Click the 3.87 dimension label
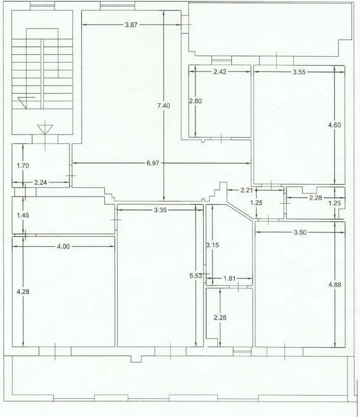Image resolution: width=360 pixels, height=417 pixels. pyautogui.click(x=131, y=24)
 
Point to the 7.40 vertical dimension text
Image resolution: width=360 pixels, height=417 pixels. pyautogui.click(x=164, y=106)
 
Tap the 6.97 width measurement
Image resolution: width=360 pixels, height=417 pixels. pyautogui.click(x=153, y=163)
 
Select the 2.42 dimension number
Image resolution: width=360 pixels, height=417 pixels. pyautogui.click(x=220, y=71)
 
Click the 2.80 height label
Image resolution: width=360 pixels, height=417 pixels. pyautogui.click(x=195, y=101)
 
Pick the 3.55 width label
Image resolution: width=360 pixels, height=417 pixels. pyautogui.click(x=299, y=72)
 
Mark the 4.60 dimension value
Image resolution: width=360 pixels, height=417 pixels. pyautogui.click(x=334, y=125)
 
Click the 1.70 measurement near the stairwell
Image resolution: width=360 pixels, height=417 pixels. pyautogui.click(x=22, y=166)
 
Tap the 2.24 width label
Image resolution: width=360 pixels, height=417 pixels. pyautogui.click(x=41, y=182)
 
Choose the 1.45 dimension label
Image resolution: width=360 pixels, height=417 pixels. pyautogui.click(x=22, y=215)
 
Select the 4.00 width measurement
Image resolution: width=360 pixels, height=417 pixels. pyautogui.click(x=63, y=247)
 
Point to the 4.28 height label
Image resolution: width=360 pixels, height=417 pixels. pyautogui.click(x=23, y=292)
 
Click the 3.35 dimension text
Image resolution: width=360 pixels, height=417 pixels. pyautogui.click(x=160, y=210)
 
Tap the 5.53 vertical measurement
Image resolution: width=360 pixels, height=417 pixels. pyautogui.click(x=196, y=276)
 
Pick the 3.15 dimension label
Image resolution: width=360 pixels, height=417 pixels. pyautogui.click(x=213, y=245)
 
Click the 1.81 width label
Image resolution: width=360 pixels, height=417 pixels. pyautogui.click(x=229, y=278)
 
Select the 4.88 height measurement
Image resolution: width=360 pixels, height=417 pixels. pyautogui.click(x=334, y=285)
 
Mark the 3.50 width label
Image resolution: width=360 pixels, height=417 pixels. pyautogui.click(x=300, y=232)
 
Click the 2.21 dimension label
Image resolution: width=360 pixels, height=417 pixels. pyautogui.click(x=247, y=190)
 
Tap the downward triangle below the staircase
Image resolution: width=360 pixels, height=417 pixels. pyautogui.click(x=45, y=129)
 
